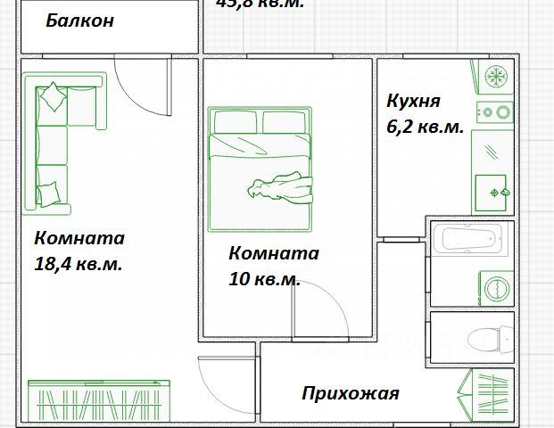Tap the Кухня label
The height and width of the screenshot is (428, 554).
click(x=413, y=102)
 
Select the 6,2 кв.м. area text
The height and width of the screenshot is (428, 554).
click(x=425, y=128)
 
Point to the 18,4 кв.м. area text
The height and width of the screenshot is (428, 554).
click(x=79, y=265)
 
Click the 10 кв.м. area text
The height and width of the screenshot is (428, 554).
click(x=264, y=279)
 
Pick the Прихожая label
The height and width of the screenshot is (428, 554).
click(x=350, y=393)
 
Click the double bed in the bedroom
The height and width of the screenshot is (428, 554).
click(x=260, y=158)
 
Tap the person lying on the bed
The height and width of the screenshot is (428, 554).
click(x=281, y=188)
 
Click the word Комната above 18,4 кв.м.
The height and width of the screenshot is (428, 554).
click(x=79, y=239)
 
